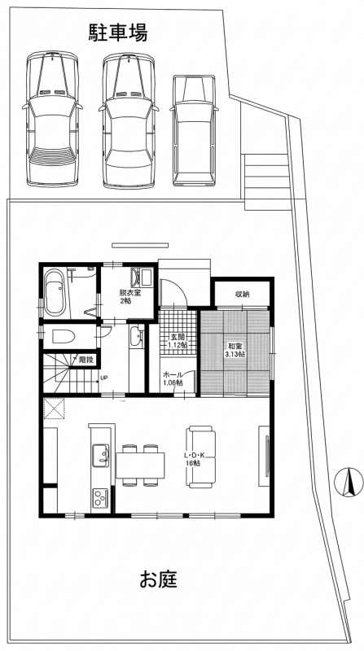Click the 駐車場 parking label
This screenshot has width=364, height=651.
click(118, 33)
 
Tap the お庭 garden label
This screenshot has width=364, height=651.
click(158, 579)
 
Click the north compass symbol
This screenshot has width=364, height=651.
click(349, 482)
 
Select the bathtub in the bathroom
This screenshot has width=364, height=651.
click(55, 292)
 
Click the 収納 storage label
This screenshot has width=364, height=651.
click(242, 295)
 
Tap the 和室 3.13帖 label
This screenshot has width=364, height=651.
click(235, 350)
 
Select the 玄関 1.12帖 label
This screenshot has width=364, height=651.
click(178, 340)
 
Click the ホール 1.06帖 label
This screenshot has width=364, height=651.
click(173, 378)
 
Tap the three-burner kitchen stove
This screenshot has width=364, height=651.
click(100, 497)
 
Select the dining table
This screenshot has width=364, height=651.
click(140, 465)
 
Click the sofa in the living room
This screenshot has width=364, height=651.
click(200, 457)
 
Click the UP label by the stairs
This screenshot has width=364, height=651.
click(104, 378)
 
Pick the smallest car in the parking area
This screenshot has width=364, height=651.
click(194, 130)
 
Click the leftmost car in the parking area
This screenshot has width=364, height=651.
click(52, 119)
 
